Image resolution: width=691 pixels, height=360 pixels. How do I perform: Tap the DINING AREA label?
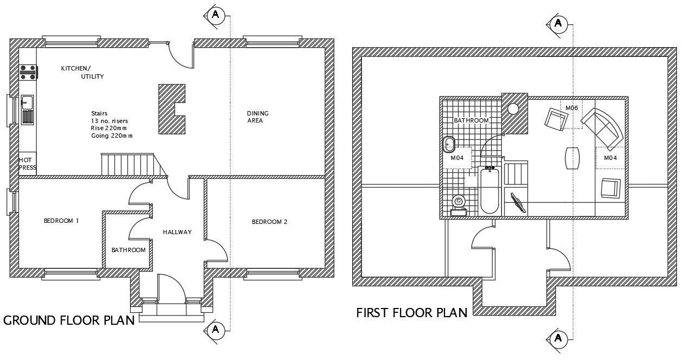257,117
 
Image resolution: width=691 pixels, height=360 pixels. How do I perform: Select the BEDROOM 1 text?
61,221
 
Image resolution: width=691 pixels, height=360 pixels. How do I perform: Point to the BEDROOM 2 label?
269,222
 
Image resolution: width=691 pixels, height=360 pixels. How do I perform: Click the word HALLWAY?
177,232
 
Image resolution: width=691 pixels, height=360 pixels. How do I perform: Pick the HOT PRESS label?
27,164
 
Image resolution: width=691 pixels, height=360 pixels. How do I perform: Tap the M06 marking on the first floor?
572,108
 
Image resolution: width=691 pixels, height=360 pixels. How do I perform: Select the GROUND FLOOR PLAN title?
69,320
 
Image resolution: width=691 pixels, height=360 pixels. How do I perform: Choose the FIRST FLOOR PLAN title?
412,313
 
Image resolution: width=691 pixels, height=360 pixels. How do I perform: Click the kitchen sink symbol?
27,101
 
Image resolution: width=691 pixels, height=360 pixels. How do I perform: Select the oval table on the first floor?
572,158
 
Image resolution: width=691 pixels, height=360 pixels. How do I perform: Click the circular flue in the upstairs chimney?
513,108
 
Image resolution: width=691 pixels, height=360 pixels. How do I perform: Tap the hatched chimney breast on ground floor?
170,109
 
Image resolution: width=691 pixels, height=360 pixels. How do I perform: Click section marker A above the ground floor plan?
215,15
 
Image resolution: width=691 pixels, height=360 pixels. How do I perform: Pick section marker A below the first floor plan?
558,339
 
